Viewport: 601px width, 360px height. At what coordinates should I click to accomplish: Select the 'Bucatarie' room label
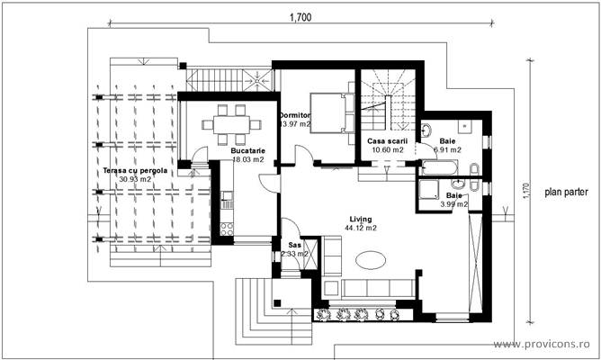(247, 150)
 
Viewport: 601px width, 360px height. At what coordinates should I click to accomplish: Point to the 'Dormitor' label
(294, 116)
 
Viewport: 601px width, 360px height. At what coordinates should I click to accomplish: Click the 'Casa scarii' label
(388, 140)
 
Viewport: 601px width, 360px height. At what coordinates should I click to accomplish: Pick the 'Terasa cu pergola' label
(134, 169)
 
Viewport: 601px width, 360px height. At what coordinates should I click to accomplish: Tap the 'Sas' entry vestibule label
(293, 245)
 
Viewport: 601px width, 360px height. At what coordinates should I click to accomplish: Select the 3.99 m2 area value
(453, 205)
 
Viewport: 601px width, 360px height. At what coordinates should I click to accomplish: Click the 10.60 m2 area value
(388, 150)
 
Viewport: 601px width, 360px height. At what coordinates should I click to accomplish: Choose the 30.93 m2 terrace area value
(134, 179)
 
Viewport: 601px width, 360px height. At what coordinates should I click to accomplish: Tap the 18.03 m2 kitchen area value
(247, 160)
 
